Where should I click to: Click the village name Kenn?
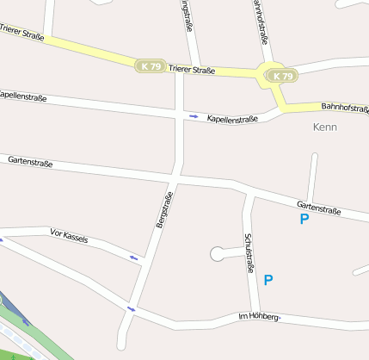click(326, 127)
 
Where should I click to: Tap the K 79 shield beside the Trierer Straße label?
click(149, 65)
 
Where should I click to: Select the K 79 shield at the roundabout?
click(282, 77)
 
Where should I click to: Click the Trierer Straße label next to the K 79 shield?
click(191, 69)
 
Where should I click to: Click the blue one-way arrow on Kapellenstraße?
click(194, 115)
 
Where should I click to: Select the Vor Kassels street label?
click(70, 234)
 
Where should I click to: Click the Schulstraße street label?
click(249, 253)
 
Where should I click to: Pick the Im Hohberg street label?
click(258, 317)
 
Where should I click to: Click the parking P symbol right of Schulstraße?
click(268, 280)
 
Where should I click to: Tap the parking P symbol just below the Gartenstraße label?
click(304, 220)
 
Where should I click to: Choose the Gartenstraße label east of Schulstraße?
click(319, 208)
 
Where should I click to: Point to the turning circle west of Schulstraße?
click(216, 253)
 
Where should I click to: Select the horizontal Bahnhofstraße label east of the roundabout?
click(344, 107)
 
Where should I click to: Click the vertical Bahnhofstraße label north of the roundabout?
click(261, 21)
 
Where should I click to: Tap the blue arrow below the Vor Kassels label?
click(134, 257)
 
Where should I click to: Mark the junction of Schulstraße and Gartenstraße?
click(251, 192)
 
